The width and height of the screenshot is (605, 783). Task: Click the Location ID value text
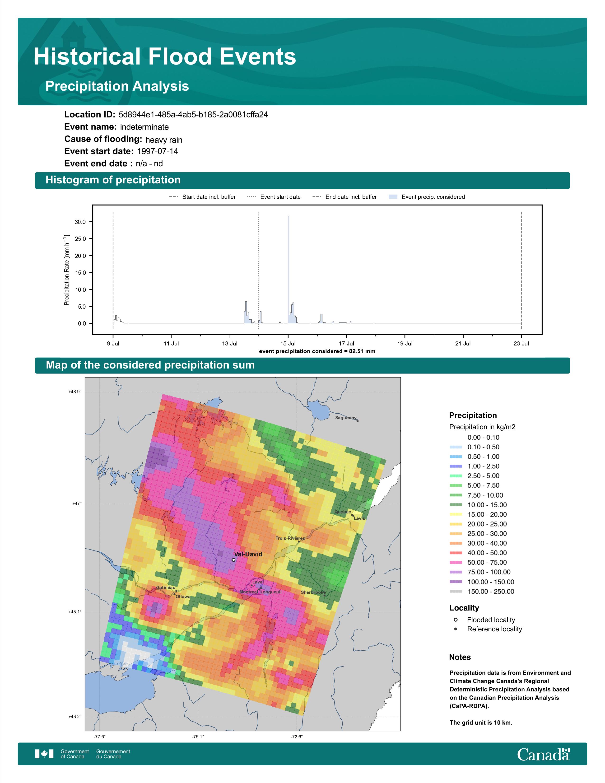coord(193,115)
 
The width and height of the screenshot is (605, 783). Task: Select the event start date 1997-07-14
coord(157,151)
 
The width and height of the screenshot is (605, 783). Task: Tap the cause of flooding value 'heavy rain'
coord(164,140)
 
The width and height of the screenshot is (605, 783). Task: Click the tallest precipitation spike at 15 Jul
coord(289,270)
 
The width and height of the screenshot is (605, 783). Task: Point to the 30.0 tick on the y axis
coord(80,222)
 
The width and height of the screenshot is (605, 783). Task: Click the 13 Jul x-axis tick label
coord(229,344)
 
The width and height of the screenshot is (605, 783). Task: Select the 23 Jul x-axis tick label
coord(521,344)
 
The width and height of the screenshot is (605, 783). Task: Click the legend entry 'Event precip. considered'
coord(427,197)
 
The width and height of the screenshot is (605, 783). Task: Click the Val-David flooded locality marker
coord(233,560)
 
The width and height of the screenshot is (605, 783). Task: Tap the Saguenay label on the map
coord(346,418)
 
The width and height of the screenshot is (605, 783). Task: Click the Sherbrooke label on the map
coord(313,592)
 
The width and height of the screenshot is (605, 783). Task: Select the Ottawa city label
coord(183,597)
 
